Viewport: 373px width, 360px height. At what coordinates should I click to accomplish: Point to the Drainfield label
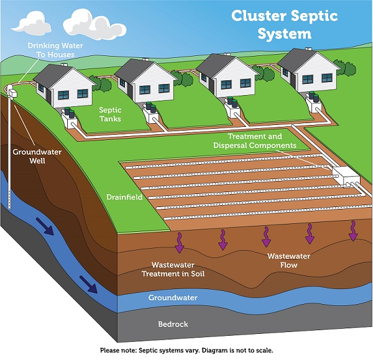point(125,197)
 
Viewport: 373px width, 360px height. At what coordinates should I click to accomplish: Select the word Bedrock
point(173,324)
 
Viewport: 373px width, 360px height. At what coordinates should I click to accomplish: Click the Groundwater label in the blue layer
point(173,298)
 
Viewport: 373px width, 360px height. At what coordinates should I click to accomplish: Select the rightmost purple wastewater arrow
point(353,230)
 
